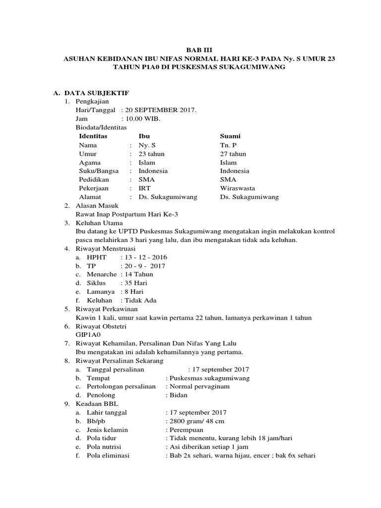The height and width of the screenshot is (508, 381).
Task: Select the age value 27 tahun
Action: point(233,154)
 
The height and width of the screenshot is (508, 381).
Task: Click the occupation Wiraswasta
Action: point(238,188)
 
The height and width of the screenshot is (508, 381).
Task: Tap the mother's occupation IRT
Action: point(144,188)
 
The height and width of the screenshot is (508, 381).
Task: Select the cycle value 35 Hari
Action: point(137,283)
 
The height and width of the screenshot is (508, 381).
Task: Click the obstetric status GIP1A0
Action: point(87,335)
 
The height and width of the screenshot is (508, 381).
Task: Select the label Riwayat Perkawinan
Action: point(106,309)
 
